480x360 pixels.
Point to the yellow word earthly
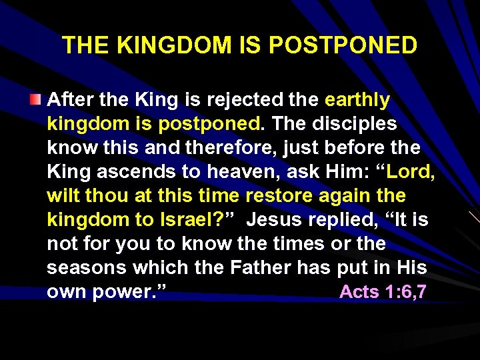pos(357,101)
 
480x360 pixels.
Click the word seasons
pos(87,268)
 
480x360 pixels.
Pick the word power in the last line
pos(131,292)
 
